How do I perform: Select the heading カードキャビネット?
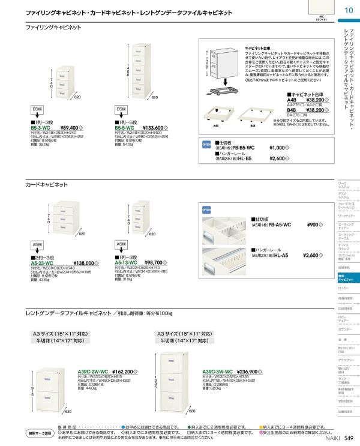tap(47, 185)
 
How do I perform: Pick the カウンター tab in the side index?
tap(344, 330)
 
